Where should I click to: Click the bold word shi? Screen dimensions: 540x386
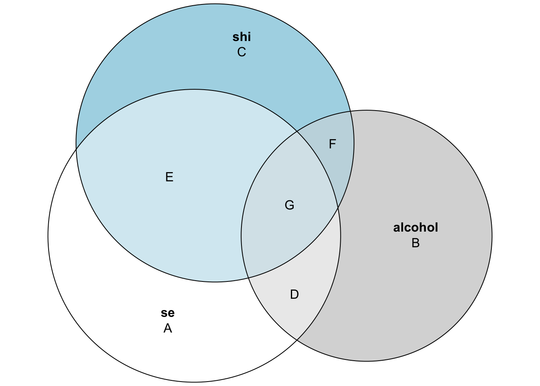[x=241, y=37]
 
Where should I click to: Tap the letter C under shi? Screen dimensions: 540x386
[x=241, y=52]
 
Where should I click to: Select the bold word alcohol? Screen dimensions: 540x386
[x=415, y=228]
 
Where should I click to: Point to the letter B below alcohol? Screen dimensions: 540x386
[x=415, y=243]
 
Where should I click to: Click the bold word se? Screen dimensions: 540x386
[x=168, y=313]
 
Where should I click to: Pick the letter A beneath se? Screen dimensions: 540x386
[x=168, y=329]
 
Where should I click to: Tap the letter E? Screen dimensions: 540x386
[x=169, y=177]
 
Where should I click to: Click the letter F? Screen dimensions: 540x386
[x=332, y=144]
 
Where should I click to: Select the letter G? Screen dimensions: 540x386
[x=289, y=205]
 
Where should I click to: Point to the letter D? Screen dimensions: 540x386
[x=295, y=295]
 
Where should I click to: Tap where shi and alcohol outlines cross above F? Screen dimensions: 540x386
[x=350, y=111]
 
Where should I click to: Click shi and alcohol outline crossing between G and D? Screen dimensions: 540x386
[x=248, y=278]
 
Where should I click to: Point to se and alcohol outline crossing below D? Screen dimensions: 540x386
[x=297, y=340]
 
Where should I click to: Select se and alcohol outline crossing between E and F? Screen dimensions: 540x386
[x=297, y=131]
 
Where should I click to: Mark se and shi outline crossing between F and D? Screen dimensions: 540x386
[x=338, y=208]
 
